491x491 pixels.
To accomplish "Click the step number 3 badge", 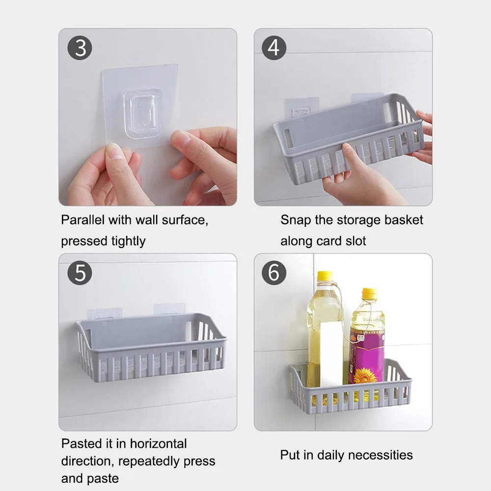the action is click(80, 48).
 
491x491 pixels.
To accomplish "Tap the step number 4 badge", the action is click(274, 48).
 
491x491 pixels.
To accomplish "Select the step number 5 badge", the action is click(80, 273).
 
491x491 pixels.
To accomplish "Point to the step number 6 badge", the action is click(274, 273).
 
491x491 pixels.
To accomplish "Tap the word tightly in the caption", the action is click(128, 242).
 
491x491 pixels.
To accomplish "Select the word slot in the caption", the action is click(355, 241).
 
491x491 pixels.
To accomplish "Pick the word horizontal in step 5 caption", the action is click(158, 444).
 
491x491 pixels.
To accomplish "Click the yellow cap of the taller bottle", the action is click(325, 276).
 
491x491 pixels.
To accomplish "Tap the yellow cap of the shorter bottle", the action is click(370, 293).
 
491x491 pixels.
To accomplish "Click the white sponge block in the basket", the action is click(331, 354).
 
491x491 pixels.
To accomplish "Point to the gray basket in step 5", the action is click(151, 347).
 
